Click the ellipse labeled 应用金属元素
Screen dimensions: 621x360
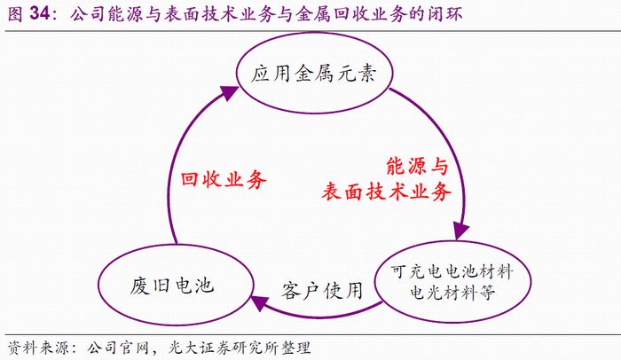(316, 72)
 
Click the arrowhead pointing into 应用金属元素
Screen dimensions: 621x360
(232, 90)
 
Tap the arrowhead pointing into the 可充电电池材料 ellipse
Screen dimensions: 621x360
(460, 231)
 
